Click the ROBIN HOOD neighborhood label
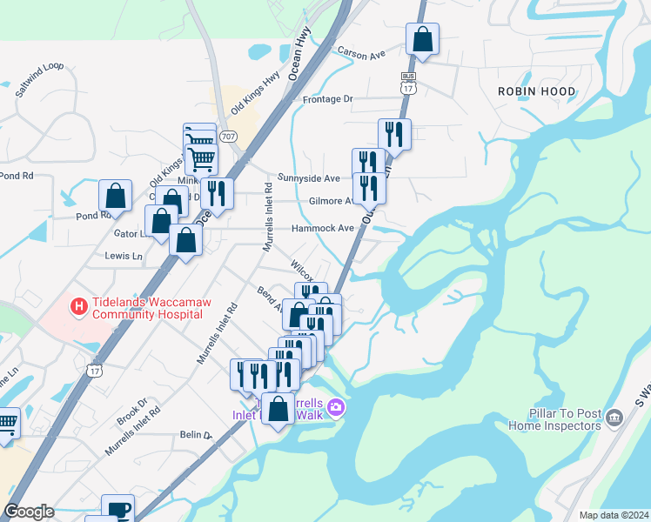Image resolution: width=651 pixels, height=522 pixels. pos(536,91)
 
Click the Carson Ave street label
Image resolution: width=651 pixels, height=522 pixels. pos(360,54)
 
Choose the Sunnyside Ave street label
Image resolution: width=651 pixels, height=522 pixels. pos(308,178)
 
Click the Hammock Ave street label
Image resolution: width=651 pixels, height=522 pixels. pos(323,228)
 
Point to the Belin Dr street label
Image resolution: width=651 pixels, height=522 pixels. pos(196,435)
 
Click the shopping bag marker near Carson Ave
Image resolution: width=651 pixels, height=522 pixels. pos(422,39)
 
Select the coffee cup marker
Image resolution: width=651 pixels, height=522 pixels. pos(117,510)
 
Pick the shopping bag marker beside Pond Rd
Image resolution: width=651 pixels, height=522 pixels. pos(115,196)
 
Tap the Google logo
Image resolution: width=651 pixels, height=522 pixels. pos(29,512)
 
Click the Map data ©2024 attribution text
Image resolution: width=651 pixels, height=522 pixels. pos(613,515)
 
